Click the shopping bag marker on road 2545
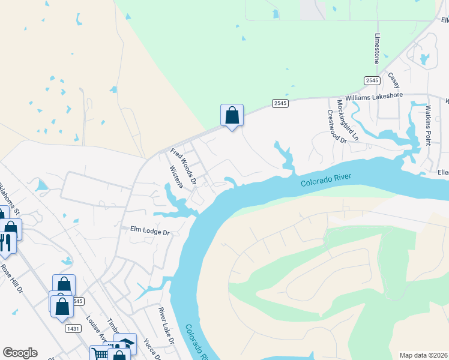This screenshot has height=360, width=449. tap(232, 115)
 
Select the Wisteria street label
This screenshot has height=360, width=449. tap(176, 177)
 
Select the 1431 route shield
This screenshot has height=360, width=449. tap(73, 328)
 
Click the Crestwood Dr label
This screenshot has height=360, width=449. tap(337, 126)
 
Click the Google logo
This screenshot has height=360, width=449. tap(20, 353)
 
